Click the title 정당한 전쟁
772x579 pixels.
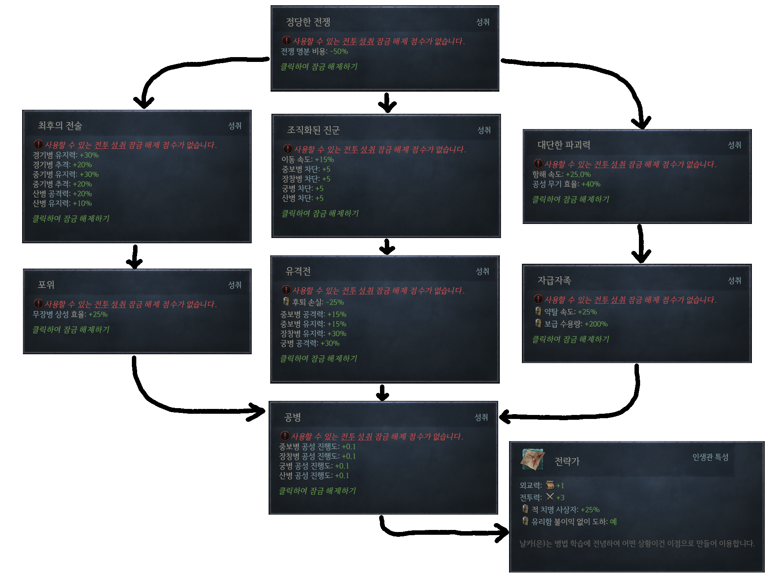point(308,22)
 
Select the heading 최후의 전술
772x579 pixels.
point(60,126)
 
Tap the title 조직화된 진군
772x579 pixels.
point(313,130)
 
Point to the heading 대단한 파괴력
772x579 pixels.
point(564,145)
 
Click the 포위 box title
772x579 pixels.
point(46,285)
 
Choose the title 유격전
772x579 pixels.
point(298,271)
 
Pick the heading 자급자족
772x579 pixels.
point(554,281)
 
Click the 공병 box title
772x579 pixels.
point(293,417)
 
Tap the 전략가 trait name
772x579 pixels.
point(567,461)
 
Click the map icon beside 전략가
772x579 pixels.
point(533,459)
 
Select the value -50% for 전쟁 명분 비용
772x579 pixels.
point(339,52)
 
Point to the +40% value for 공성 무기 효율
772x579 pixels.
point(591,184)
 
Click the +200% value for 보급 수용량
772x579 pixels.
point(596,324)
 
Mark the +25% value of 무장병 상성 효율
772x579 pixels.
point(98,314)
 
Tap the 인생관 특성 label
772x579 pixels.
point(710,457)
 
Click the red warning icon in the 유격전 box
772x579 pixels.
point(286,290)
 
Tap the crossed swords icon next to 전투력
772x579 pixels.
point(550,497)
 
